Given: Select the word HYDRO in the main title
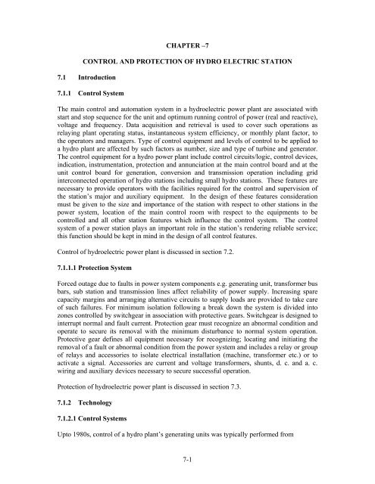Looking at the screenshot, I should pos(230,58).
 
